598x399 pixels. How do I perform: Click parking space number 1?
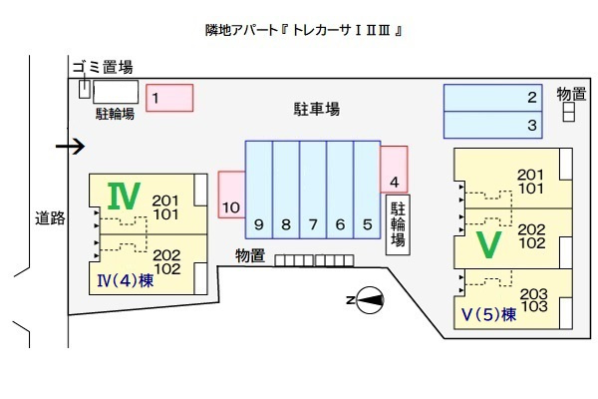169,98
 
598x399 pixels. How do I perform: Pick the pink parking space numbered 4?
395,170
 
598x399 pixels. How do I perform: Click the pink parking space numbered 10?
231,195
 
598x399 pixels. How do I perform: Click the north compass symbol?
369,298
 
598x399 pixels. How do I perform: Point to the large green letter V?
487,244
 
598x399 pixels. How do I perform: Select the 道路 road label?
49,218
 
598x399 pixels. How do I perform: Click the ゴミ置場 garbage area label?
102,68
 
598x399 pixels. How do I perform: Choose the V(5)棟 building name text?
488,314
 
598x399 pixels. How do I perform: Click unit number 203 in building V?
534,293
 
